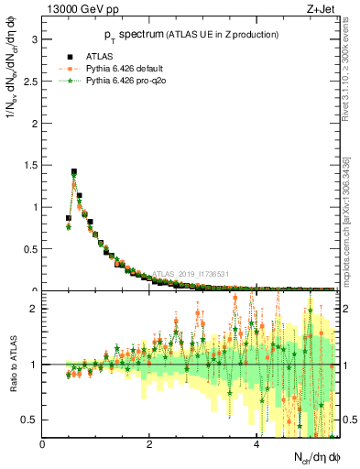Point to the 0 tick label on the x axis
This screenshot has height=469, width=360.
pos(43,445)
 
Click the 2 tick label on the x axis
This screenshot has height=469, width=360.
pos(149,445)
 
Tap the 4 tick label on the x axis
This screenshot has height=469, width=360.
pos(256,445)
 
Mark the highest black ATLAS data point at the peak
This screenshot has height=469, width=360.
pos(73,171)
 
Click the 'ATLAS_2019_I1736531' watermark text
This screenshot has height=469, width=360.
pos(191,274)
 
